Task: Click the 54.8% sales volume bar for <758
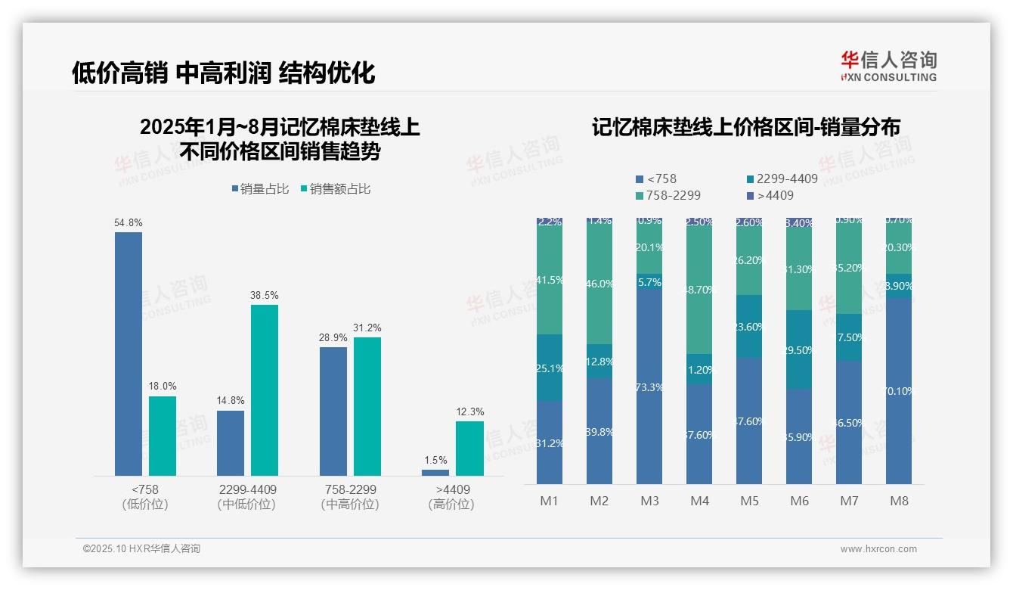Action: (x=129, y=354)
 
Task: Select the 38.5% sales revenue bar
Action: (x=264, y=390)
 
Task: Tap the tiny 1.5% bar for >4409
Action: (x=435, y=473)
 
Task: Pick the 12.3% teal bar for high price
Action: (x=469, y=449)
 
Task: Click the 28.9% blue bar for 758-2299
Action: (x=333, y=411)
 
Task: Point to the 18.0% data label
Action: (x=163, y=386)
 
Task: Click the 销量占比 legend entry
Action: (x=260, y=189)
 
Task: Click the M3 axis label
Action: (x=649, y=501)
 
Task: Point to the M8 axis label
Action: (x=899, y=501)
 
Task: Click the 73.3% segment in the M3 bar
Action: (x=649, y=386)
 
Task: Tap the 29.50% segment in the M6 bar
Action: (x=799, y=349)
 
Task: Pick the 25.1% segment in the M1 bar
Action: (x=550, y=368)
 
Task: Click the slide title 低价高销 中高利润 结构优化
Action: (x=224, y=73)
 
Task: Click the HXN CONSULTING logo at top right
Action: (x=888, y=66)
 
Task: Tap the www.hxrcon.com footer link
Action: (x=878, y=549)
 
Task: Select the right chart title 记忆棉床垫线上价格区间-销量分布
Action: (x=745, y=128)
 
